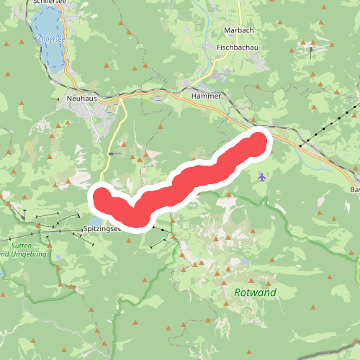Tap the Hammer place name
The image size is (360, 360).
pyautogui.click(x=206, y=95)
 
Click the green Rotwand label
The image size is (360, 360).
pyautogui.click(x=255, y=293)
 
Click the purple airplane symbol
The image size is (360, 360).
pyautogui.click(x=261, y=176)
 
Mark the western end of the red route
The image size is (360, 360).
pyautogui.click(x=102, y=196)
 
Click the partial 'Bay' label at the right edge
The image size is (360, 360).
pyautogui.click(x=354, y=189)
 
